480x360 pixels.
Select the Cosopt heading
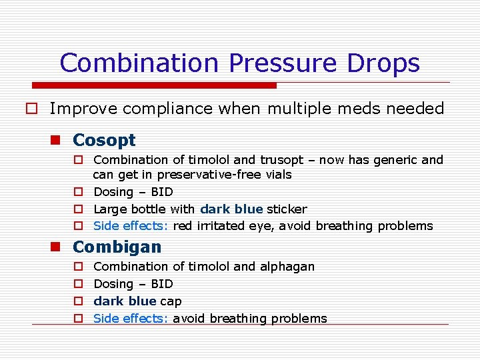[x=104, y=140]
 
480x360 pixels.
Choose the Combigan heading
[x=117, y=247]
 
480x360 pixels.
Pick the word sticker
[x=287, y=209]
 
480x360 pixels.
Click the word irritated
[x=219, y=226]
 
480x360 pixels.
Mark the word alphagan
[x=287, y=267]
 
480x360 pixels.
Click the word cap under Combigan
[x=171, y=302]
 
